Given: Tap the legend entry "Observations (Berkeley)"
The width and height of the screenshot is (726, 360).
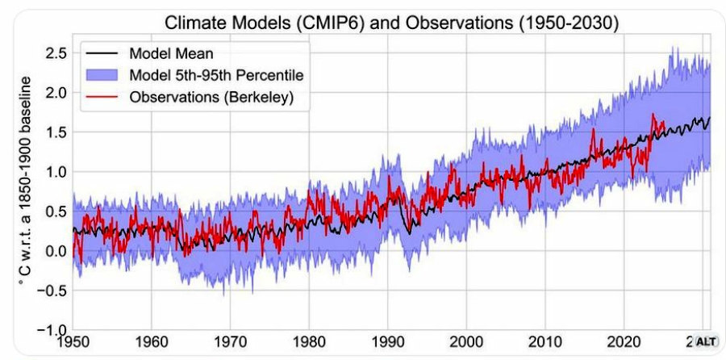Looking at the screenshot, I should [208, 97].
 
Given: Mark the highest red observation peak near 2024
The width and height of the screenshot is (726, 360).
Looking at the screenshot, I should [653, 115].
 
